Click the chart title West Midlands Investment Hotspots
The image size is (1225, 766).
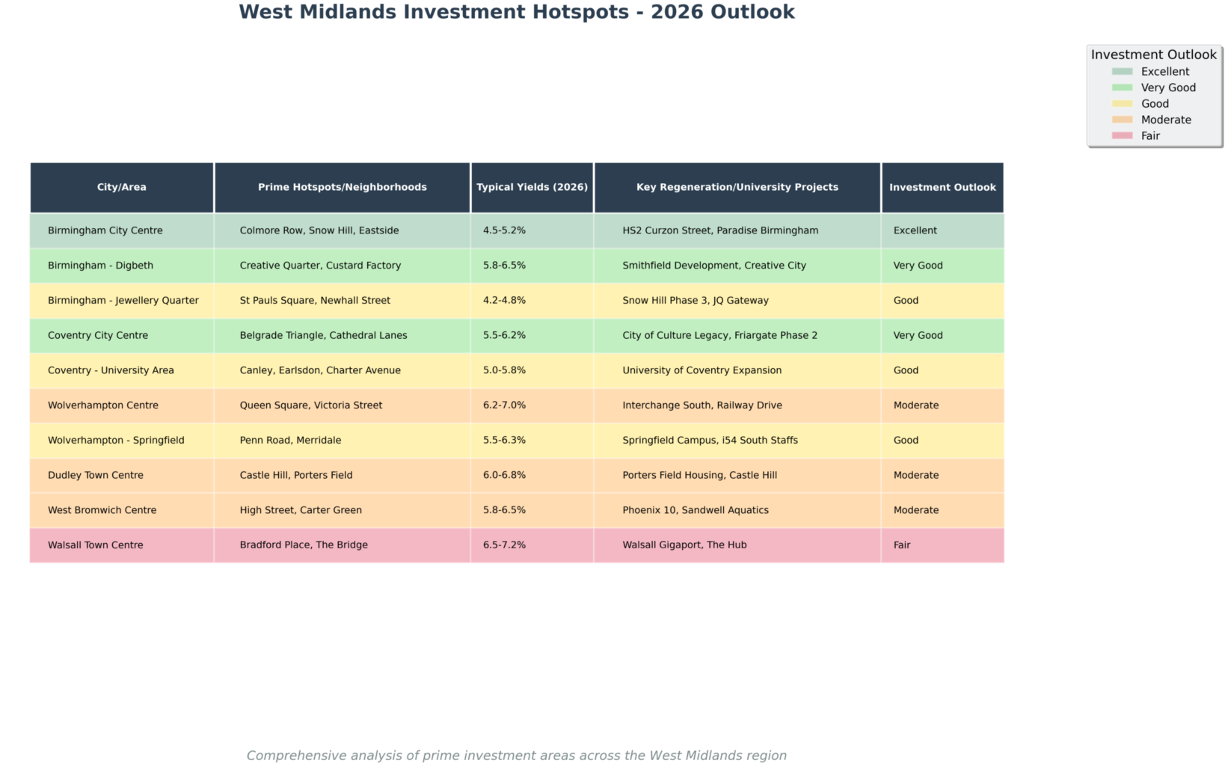tap(516, 13)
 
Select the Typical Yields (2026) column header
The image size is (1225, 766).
tap(532, 187)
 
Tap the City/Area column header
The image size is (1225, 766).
tap(121, 187)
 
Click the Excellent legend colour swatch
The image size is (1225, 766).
tap(1122, 72)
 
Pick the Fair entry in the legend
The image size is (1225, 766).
tap(1149, 136)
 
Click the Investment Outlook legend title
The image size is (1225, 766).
tap(1153, 55)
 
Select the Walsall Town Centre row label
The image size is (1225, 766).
tap(96, 545)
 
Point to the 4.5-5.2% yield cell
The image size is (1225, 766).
tap(504, 230)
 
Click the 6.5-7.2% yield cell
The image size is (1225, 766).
tap(504, 545)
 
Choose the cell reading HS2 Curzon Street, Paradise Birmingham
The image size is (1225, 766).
tap(719, 230)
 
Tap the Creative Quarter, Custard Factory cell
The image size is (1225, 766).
tap(320, 266)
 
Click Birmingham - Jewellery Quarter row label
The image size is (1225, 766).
tap(123, 301)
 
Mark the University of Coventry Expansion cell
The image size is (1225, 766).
tap(701, 370)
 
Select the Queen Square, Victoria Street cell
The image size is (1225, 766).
tap(310, 405)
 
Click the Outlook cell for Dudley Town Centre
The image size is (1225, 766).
tap(915, 475)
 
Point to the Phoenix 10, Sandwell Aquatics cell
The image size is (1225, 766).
tap(695, 510)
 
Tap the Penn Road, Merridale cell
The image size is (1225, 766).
tap(290, 441)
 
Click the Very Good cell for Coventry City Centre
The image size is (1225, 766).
tap(918, 335)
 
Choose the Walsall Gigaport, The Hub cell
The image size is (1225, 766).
tap(684, 545)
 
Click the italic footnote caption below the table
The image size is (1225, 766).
tap(516, 756)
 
